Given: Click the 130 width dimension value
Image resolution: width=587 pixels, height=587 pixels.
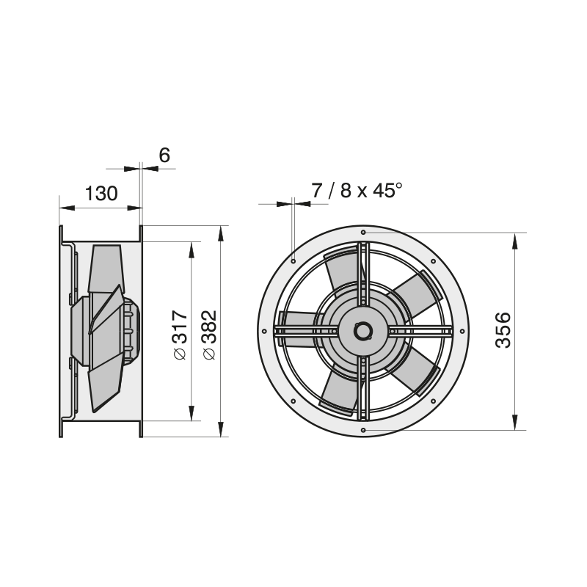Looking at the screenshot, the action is point(101,194).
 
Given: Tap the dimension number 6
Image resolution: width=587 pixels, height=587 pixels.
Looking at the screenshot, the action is point(164,155).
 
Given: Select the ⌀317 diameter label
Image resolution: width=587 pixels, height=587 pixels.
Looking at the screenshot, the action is point(181,335).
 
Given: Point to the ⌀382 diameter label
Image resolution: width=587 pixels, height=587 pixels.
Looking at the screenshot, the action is point(210,335).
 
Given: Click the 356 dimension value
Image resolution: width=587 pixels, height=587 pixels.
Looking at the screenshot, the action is point(503,329).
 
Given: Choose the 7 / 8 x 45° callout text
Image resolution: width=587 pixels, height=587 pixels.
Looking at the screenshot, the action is point(357,191).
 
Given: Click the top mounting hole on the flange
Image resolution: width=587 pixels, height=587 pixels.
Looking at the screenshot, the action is point(363,233).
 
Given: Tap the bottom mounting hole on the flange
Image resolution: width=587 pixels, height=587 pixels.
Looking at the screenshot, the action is point(363,430).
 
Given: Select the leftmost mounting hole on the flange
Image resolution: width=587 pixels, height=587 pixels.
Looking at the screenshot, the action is point(264,332).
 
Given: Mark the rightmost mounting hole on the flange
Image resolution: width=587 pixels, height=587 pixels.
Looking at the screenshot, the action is point(462,332).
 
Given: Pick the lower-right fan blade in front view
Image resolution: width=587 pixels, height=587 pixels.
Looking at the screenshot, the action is point(415,371).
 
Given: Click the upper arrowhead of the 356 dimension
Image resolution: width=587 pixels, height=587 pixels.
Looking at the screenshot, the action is point(515,241).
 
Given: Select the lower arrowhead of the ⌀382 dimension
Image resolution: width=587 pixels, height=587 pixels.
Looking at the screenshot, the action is point(221,429).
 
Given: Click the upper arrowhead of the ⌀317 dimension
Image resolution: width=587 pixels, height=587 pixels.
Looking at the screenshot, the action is point(192,249).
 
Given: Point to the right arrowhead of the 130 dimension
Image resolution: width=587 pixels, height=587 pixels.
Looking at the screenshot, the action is point(134,208).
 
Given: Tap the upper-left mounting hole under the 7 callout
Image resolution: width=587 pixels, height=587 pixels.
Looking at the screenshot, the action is point(293,261).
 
